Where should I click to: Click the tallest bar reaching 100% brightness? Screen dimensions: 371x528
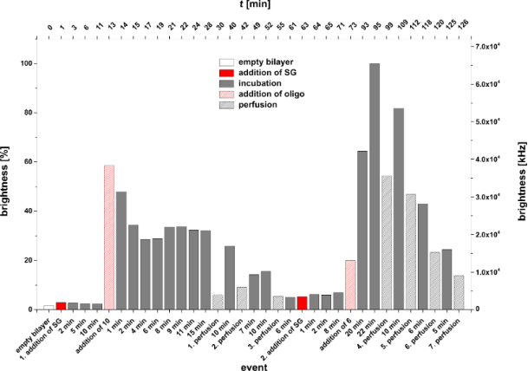click(x=375, y=186)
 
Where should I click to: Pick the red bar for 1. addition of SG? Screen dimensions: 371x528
click(x=61, y=305)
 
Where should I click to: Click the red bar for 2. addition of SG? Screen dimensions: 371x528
click(x=302, y=303)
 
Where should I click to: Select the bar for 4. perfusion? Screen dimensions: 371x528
click(x=387, y=243)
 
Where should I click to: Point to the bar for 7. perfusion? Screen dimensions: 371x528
click(x=459, y=292)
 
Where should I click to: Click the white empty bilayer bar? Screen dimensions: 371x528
click(x=49, y=307)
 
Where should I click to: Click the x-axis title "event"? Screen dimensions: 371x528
click(x=255, y=365)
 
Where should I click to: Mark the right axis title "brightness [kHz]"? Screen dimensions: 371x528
click(x=518, y=177)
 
